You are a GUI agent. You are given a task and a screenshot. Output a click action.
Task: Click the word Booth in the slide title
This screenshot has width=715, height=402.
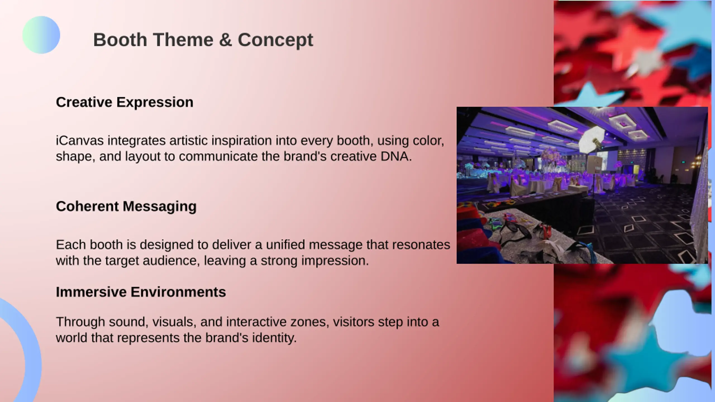coord(120,40)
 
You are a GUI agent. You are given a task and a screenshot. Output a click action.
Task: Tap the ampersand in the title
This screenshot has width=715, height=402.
coord(226,40)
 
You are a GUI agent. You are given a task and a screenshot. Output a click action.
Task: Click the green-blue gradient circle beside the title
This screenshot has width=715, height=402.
coord(41,35)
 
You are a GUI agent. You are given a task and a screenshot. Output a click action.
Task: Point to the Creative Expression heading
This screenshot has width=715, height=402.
coord(125,102)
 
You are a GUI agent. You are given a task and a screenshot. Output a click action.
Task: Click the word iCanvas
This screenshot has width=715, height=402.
coord(80,140)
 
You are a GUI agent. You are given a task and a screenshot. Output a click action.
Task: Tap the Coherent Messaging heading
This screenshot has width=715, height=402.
coord(126,207)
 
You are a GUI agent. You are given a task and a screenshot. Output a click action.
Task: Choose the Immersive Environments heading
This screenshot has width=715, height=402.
coord(141,292)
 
